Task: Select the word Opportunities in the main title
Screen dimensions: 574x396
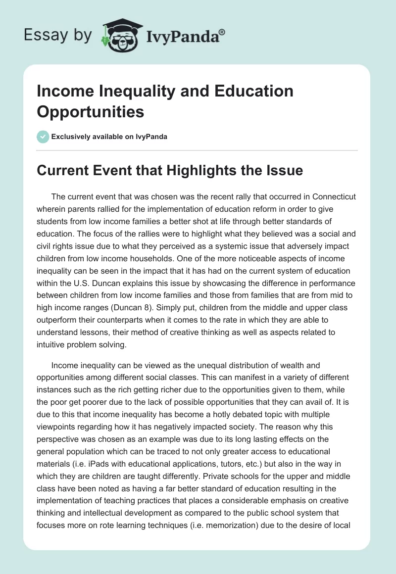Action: pyautogui.click(x=90, y=111)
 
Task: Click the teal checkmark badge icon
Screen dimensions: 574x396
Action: pyautogui.click(x=44, y=137)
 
